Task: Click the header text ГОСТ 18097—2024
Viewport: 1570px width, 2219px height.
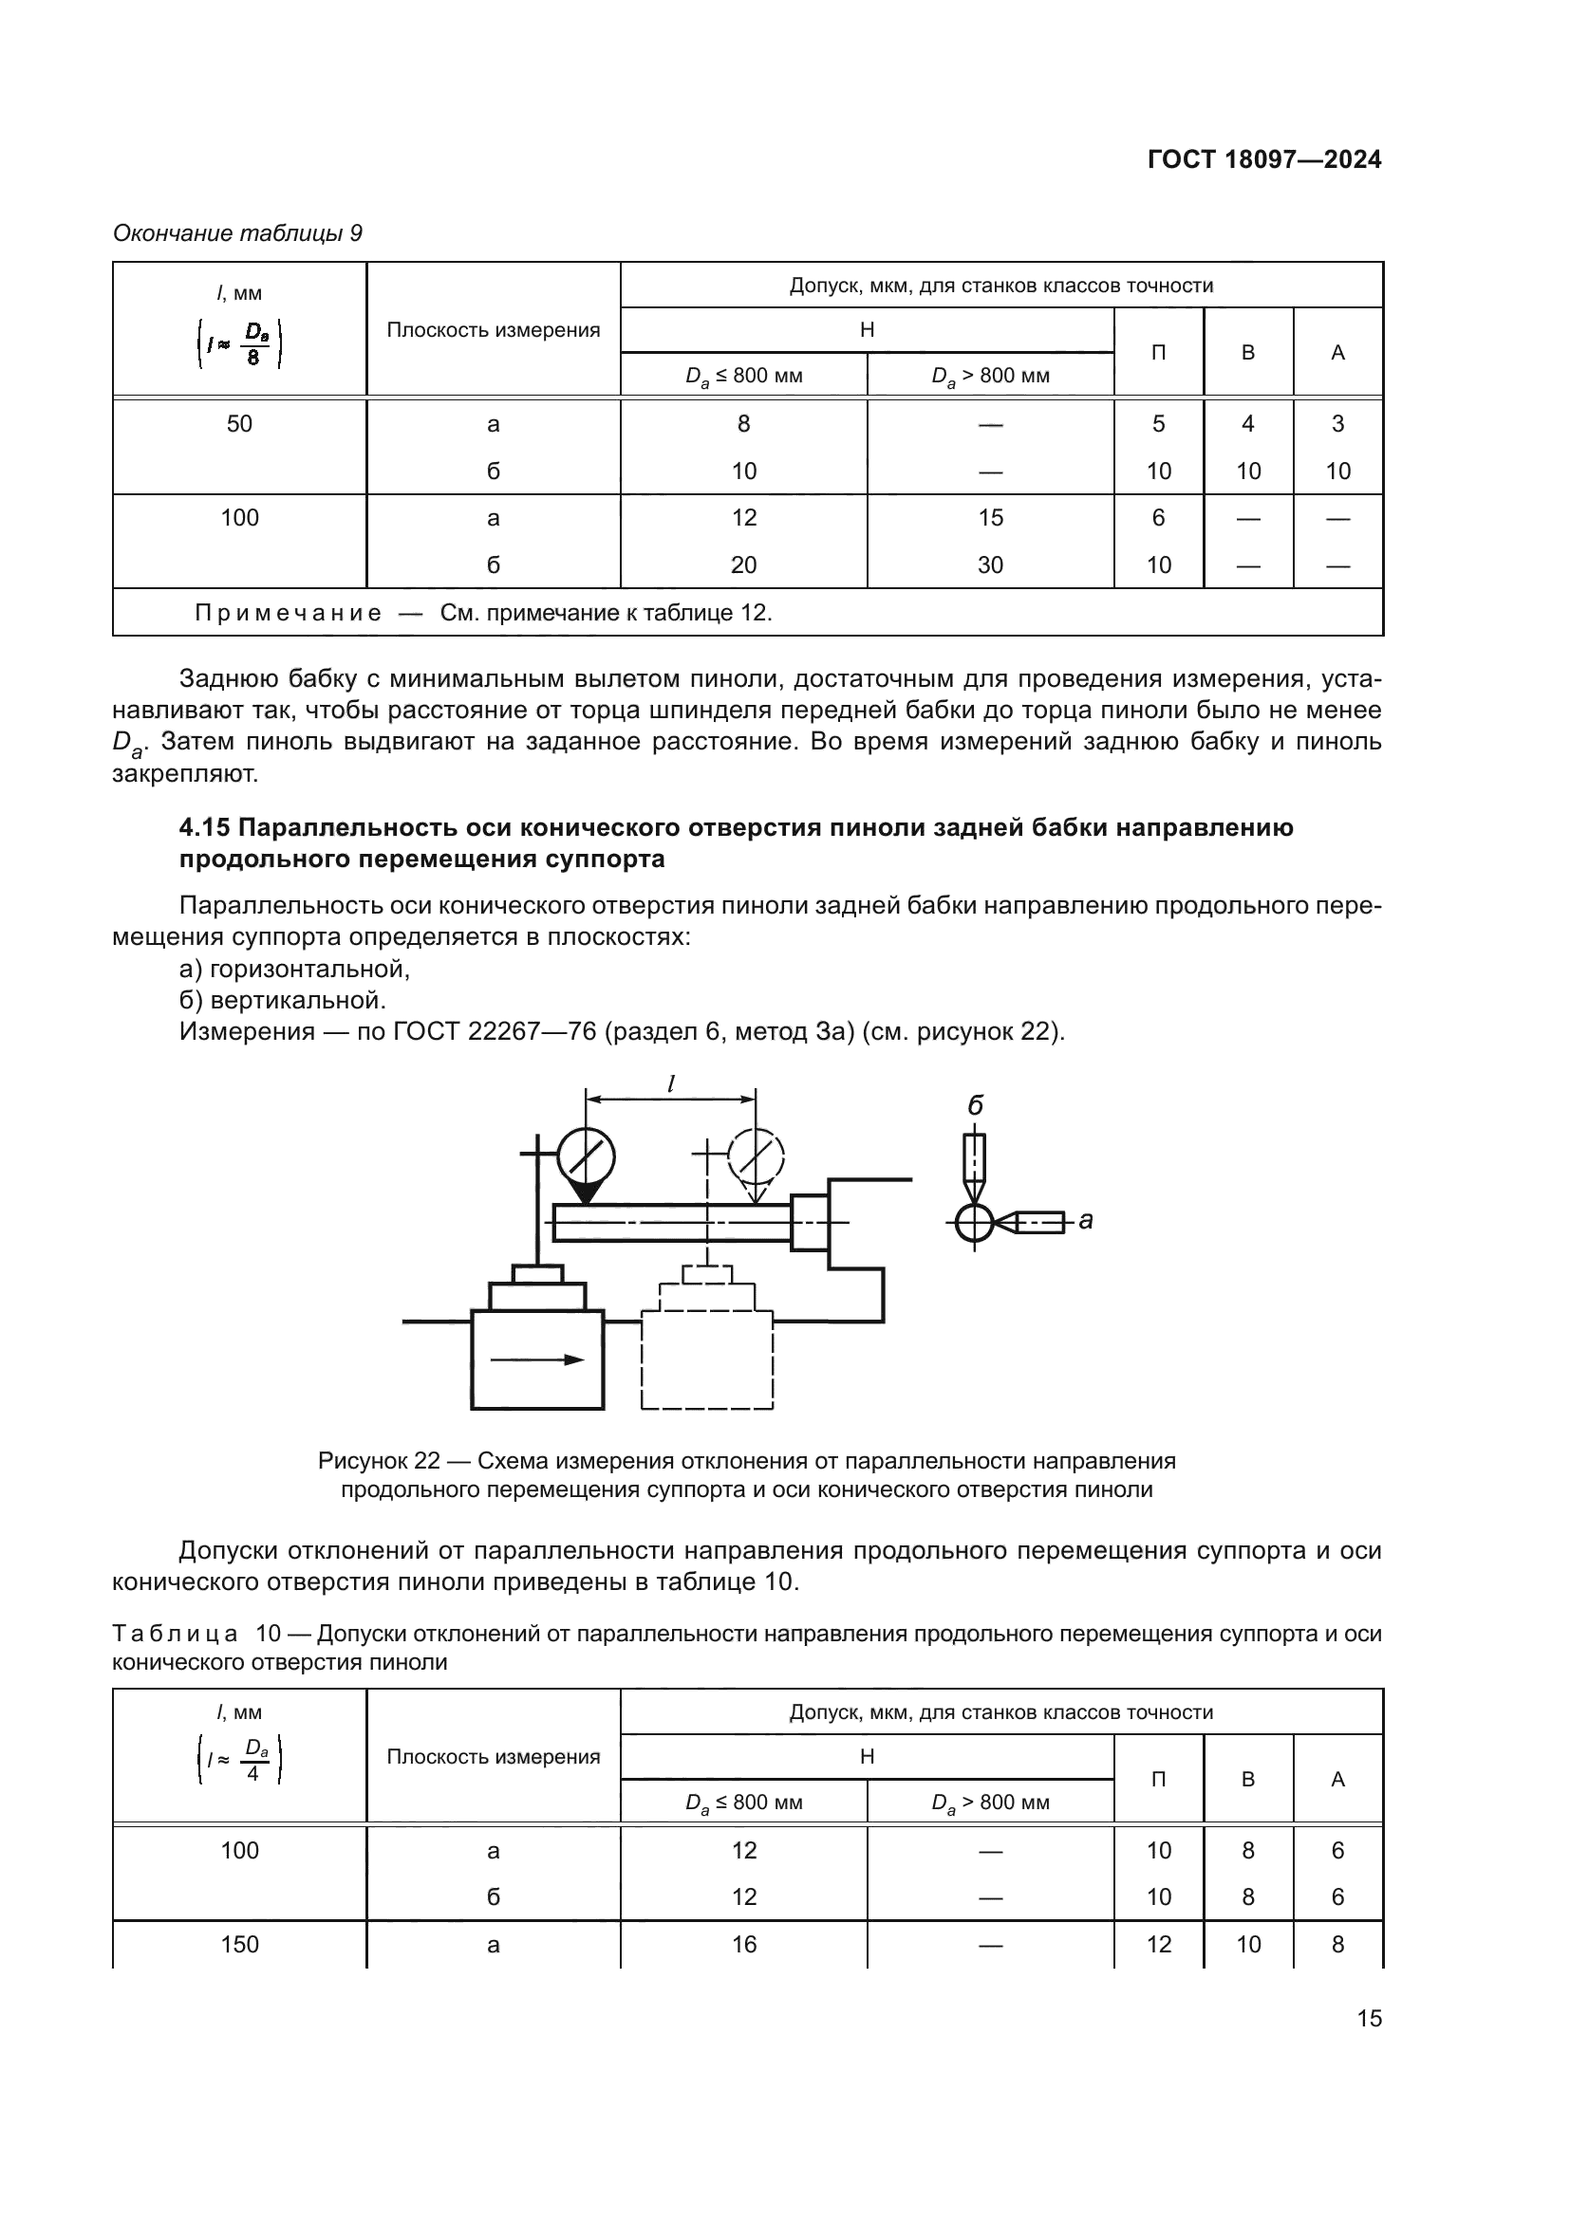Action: tap(1263, 159)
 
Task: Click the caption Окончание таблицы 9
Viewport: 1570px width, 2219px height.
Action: tap(237, 233)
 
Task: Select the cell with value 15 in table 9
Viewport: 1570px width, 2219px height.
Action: tap(990, 518)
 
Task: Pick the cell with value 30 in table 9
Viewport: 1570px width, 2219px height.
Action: tap(990, 565)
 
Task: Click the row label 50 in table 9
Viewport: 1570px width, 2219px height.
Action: tap(239, 424)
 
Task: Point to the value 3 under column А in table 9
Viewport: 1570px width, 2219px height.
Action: tap(1337, 424)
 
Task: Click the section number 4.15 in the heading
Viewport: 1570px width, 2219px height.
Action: tap(204, 827)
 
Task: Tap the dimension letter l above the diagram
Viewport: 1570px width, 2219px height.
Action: tap(671, 1085)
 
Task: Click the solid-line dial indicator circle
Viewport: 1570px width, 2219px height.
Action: tap(587, 1156)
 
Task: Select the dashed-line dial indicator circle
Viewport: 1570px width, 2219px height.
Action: tap(756, 1156)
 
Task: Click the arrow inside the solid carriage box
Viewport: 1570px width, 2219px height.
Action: tap(537, 1359)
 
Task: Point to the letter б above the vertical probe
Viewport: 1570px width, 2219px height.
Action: tap(975, 1105)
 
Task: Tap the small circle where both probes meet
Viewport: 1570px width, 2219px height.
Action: tap(975, 1224)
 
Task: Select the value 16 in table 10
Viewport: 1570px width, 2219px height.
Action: tap(743, 1945)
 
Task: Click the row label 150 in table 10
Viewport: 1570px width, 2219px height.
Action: tap(239, 1945)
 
